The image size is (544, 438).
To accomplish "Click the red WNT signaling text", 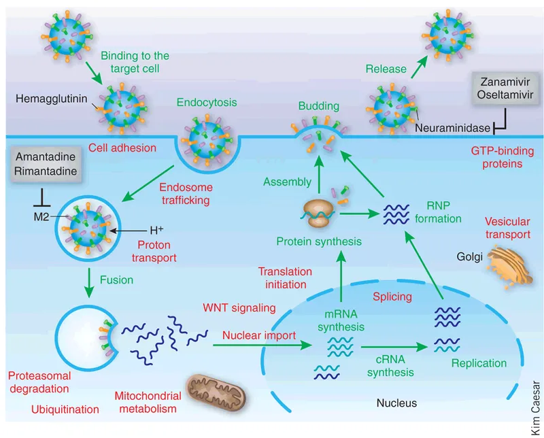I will (x=238, y=307).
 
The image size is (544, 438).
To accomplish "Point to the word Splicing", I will (x=392, y=297).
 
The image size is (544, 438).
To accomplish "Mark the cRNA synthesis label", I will (x=390, y=366).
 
